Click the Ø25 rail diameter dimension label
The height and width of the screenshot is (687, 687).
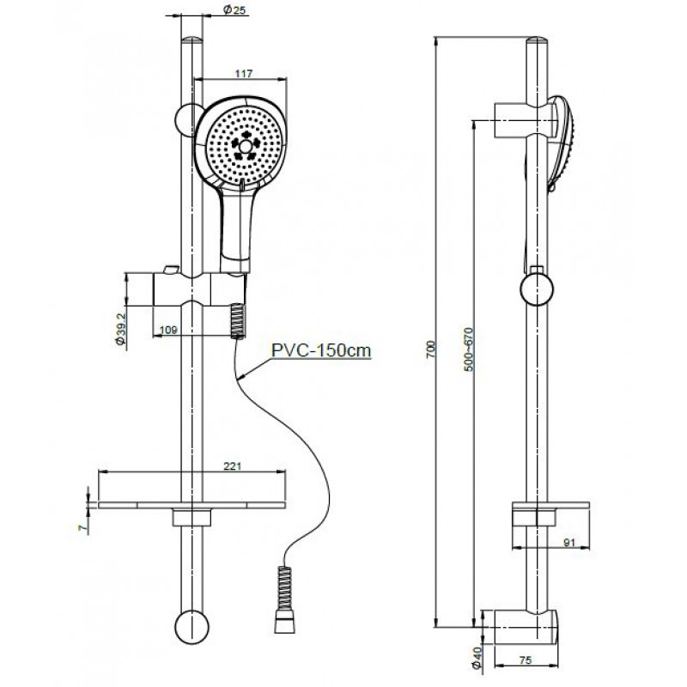point(234,9)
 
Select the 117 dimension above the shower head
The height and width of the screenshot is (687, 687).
point(244,74)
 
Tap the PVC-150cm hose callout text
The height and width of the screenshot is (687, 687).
point(321,350)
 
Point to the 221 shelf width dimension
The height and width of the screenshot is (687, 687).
point(233,466)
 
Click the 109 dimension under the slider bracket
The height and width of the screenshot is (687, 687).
point(168,330)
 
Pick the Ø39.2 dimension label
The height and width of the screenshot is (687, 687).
point(121,329)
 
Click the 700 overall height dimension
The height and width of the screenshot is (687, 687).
point(432,350)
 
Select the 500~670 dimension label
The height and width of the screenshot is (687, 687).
point(469,350)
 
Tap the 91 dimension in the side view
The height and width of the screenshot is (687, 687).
point(568,543)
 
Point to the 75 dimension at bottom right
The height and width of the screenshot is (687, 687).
point(525,660)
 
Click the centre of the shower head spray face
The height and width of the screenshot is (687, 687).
point(246,146)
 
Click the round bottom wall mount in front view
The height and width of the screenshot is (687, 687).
point(192,627)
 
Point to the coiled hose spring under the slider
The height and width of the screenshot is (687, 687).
point(239,320)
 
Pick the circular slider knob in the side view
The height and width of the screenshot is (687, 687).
point(537,289)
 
